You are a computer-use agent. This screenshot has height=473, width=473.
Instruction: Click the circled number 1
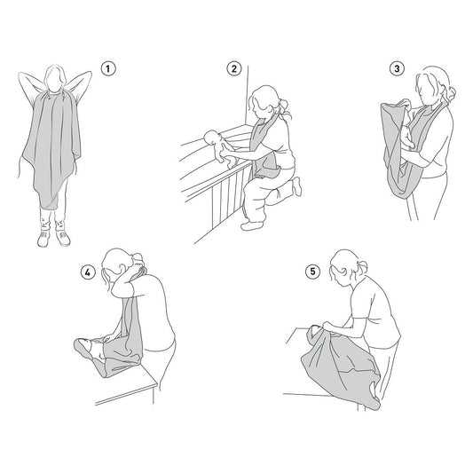(108, 69)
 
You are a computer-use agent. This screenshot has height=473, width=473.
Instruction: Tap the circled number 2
(234, 69)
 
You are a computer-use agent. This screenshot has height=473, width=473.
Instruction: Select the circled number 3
(397, 69)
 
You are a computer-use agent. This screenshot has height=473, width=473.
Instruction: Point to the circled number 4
(88, 272)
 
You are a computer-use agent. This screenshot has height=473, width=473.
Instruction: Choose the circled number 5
(312, 272)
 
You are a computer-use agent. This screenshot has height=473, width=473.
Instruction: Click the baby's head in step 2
(211, 138)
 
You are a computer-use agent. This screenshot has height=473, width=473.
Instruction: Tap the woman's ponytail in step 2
(286, 108)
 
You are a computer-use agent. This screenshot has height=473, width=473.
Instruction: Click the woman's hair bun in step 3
(450, 92)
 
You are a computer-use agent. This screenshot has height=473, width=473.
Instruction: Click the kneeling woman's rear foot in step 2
(297, 186)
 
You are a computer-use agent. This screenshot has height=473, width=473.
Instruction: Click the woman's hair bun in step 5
(363, 267)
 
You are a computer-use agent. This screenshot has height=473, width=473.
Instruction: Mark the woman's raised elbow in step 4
(116, 291)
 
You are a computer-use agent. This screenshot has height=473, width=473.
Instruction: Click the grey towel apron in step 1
(51, 148)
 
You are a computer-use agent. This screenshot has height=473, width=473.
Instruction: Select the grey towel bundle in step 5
(341, 365)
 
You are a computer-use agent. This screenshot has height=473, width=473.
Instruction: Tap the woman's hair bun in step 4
(137, 258)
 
